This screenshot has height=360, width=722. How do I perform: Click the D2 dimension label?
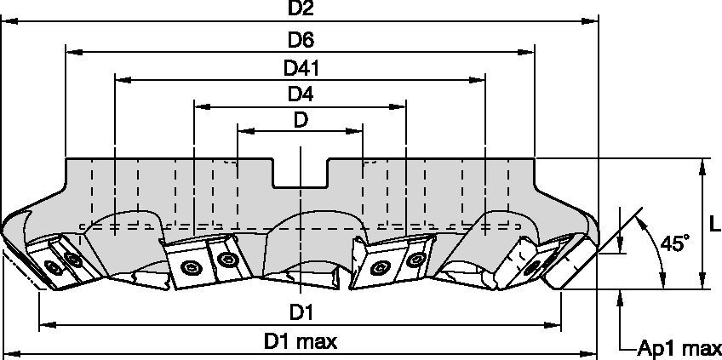(x=301, y=9)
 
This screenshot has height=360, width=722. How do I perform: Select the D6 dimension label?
(x=301, y=40)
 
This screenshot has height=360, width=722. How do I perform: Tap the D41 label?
(x=301, y=67)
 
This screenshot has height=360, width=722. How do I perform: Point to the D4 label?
(x=301, y=94)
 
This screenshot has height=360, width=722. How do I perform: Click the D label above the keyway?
(x=301, y=120)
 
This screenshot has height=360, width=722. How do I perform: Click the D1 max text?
(x=301, y=342)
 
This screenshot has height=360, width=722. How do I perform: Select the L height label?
(x=713, y=224)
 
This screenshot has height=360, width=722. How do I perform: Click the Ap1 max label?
(x=679, y=348)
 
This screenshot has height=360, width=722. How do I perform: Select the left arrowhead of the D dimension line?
(x=244, y=131)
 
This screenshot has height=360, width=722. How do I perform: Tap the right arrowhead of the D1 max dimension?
(x=591, y=352)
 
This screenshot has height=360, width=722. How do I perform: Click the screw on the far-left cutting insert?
(x=54, y=268)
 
